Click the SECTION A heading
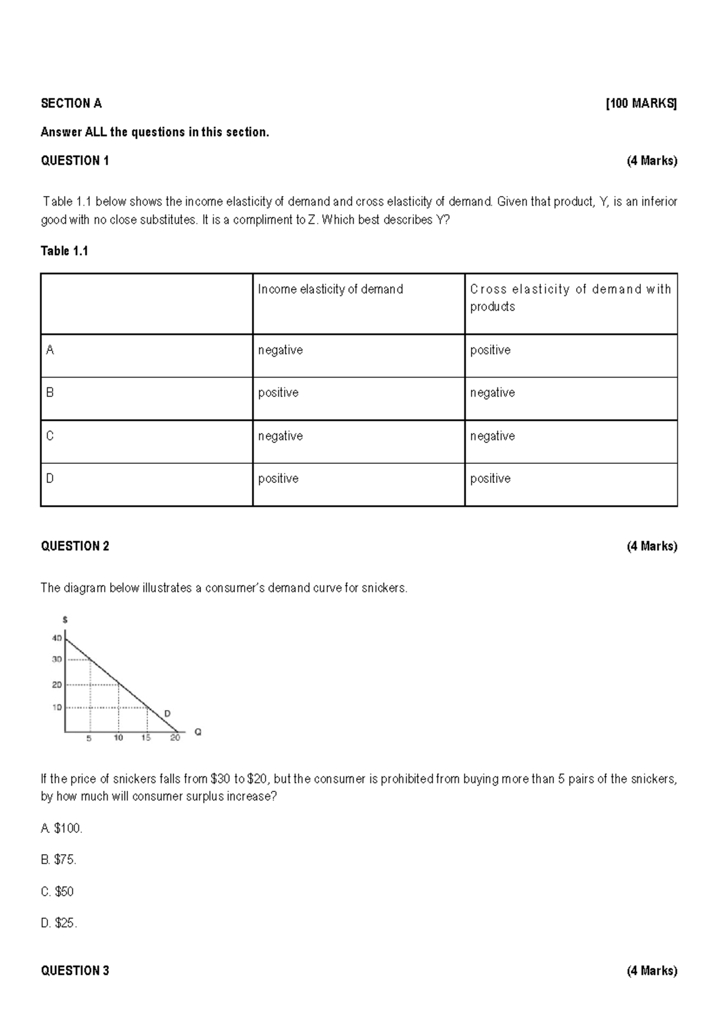(71, 103)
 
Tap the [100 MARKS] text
(641, 103)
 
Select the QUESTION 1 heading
(75, 160)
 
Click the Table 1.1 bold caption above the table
(64, 251)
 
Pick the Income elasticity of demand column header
(330, 289)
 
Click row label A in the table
(50, 350)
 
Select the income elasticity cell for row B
(278, 393)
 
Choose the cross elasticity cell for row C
(492, 436)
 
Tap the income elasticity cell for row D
(278, 479)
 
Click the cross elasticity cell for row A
(490, 350)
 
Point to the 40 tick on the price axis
(56, 638)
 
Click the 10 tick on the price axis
(56, 707)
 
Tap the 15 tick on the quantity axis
(146, 738)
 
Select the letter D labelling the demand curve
(168, 713)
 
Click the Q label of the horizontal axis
(198, 732)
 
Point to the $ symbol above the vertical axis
(65, 620)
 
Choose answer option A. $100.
(62, 828)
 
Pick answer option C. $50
(57, 891)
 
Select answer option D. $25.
(59, 923)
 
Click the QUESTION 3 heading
(75, 971)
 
